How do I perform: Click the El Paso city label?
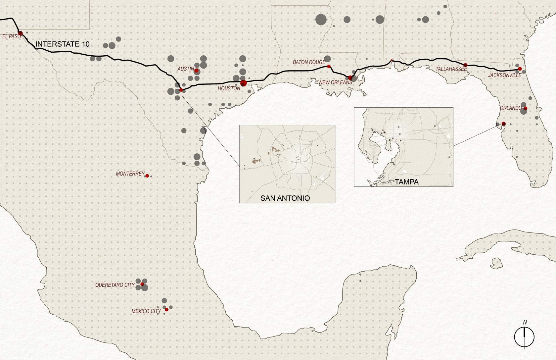click(x=11, y=36)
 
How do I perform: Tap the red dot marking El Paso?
click(x=20, y=33)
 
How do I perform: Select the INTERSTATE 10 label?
click(x=62, y=44)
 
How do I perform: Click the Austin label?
click(x=186, y=69)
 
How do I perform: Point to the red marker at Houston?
click(x=244, y=83)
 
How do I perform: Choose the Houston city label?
click(x=229, y=89)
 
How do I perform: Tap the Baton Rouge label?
click(x=309, y=62)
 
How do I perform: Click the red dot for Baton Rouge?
click(x=329, y=67)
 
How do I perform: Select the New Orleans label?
click(x=336, y=82)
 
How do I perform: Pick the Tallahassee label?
click(x=451, y=69)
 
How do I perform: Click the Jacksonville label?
click(x=504, y=76)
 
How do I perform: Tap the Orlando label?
click(x=511, y=108)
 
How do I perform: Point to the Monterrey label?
click(x=130, y=174)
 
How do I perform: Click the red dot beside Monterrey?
click(x=147, y=176)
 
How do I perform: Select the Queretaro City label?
click(x=115, y=285)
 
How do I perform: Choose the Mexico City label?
click(x=146, y=311)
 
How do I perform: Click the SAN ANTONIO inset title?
click(x=285, y=198)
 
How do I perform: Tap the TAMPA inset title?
click(x=406, y=182)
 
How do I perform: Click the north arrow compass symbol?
click(x=525, y=337)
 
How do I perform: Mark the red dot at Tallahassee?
click(x=465, y=65)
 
